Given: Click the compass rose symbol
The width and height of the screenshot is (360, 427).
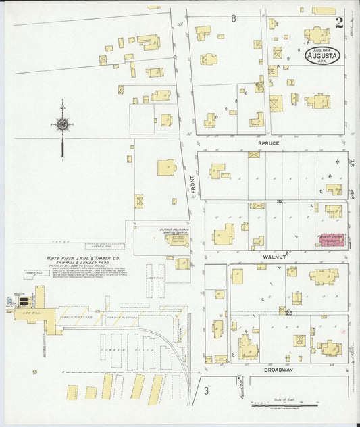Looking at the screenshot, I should [x=62, y=125].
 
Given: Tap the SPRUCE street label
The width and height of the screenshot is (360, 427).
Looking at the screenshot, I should [x=269, y=144].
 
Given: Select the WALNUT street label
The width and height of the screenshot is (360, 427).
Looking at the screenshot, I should [x=269, y=257].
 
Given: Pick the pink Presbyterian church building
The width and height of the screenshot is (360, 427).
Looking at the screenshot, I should [x=331, y=241].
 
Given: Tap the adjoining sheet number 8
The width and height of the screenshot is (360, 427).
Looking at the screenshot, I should [x=233, y=18].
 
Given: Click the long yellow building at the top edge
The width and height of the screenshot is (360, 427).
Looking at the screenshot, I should [x=324, y=10].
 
